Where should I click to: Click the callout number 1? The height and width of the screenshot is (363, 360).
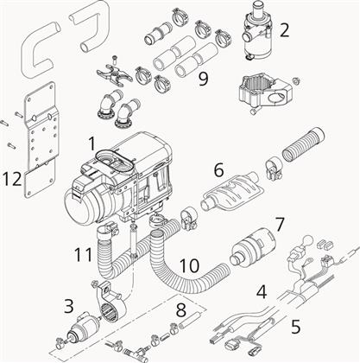pyautogui.click(x=92, y=143)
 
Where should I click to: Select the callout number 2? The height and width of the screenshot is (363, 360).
pyautogui.click(x=284, y=30)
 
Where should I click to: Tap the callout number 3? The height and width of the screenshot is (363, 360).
pyautogui.click(x=68, y=306)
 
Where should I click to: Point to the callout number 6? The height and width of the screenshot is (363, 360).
pyautogui.click(x=218, y=170)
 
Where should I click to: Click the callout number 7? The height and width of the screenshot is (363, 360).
pyautogui.click(x=280, y=225)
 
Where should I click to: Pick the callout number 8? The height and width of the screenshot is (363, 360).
pyautogui.click(x=181, y=310)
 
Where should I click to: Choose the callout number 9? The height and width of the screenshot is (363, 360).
pyautogui.click(x=203, y=79)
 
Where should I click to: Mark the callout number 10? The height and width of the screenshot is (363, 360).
pyautogui.click(x=189, y=265)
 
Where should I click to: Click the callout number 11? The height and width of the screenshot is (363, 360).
pyautogui.click(x=83, y=254)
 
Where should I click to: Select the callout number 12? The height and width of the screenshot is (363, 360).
pyautogui.click(x=12, y=179)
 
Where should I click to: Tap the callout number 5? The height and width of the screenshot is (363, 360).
pyautogui.click(x=295, y=327)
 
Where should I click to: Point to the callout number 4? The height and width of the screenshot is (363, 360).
pyautogui.click(x=262, y=292)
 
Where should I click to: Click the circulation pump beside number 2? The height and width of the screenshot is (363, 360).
pyautogui.click(x=256, y=31)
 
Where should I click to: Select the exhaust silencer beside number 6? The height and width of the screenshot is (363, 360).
pyautogui.click(x=231, y=191)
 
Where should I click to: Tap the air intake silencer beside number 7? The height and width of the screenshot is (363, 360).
pyautogui.click(x=253, y=246)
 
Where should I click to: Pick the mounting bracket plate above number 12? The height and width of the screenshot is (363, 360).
pyautogui.click(x=40, y=140)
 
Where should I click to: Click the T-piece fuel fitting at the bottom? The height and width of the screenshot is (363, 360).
pyautogui.click(x=136, y=351)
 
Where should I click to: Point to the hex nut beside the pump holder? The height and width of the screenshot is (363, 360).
pyautogui.click(x=297, y=80)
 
